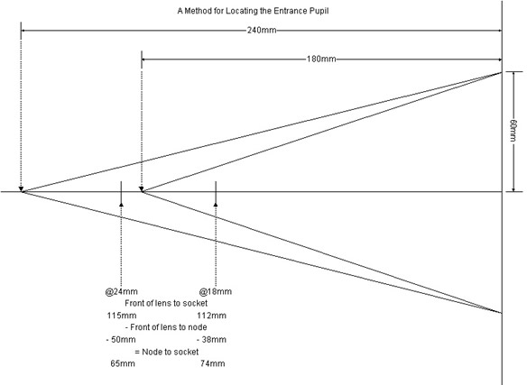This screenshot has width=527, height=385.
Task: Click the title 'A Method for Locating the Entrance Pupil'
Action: tap(253, 11)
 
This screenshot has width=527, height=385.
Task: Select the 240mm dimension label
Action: tap(262, 31)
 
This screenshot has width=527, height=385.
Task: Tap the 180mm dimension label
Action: tap(321, 60)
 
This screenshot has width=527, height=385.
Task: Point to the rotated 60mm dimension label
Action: tap(513, 130)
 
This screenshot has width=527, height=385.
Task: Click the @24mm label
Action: tap(121, 291)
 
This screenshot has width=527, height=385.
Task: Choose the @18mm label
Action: tap(216, 291)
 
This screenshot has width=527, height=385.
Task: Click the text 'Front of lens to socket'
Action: tap(166, 303)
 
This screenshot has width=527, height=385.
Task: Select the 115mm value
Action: tap(122, 316)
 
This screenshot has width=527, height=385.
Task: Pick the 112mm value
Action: tap(211, 316)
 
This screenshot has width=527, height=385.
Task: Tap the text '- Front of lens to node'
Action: tap(166, 327)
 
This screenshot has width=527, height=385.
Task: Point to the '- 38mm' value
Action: tap(211, 339)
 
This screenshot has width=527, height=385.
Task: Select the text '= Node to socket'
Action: tap(167, 352)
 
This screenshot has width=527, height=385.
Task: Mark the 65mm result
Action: tap(123, 363)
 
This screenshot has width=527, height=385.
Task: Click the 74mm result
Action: tap(213, 363)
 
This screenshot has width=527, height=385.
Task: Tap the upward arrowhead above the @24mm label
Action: tap(121, 204)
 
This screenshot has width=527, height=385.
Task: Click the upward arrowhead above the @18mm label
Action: tap(216, 204)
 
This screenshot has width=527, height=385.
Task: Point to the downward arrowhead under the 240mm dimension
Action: tap(21, 189)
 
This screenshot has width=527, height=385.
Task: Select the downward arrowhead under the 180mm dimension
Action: tap(142, 189)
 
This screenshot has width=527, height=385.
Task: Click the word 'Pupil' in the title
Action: tap(319, 11)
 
